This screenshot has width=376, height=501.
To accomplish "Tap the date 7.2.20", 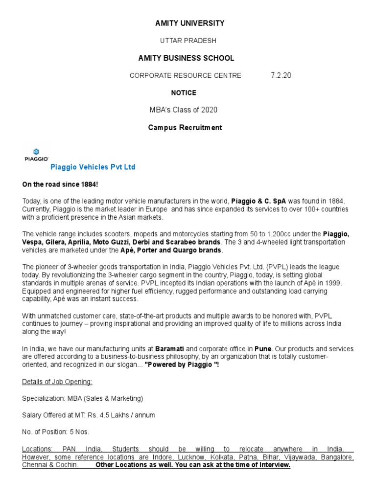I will coord(281,75).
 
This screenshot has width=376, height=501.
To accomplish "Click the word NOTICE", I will coord(184,92).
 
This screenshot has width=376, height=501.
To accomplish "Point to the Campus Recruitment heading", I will coord(185,128).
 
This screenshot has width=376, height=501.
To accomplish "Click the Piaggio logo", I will coord(36,155).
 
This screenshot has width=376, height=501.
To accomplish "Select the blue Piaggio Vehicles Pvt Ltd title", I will coord(93,167).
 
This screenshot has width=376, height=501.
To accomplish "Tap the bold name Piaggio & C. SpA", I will coord(258,201).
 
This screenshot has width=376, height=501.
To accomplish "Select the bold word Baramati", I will coord(170,349).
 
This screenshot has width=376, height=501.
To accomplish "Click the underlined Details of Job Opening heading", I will coord(57,382).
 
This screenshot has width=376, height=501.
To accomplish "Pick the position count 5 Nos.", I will coord(79,432).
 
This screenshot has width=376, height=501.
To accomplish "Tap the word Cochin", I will coord(67,465).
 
